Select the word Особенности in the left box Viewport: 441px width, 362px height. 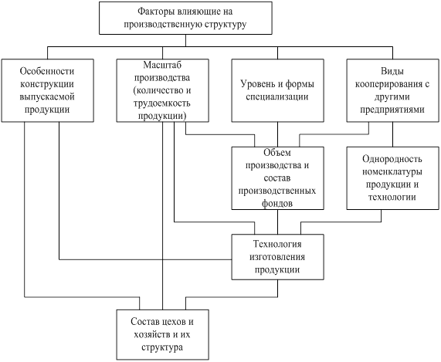point(47,71)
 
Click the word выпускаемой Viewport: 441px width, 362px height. point(47,97)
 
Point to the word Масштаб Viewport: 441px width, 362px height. point(162,65)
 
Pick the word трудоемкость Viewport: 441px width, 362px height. point(161,103)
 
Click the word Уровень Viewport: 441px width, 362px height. point(256,84)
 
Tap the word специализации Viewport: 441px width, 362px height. point(277,97)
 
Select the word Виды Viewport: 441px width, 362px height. point(392,71)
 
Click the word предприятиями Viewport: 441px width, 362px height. point(392,110)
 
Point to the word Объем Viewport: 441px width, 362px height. point(277,153)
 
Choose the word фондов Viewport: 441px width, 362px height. point(277,203)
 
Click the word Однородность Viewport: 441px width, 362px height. point(392,159)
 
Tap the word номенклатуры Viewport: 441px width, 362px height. point(392,171)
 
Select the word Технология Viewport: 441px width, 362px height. point(277,244)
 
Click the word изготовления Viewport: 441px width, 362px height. point(277,257)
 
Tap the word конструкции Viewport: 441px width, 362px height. point(47,84)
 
